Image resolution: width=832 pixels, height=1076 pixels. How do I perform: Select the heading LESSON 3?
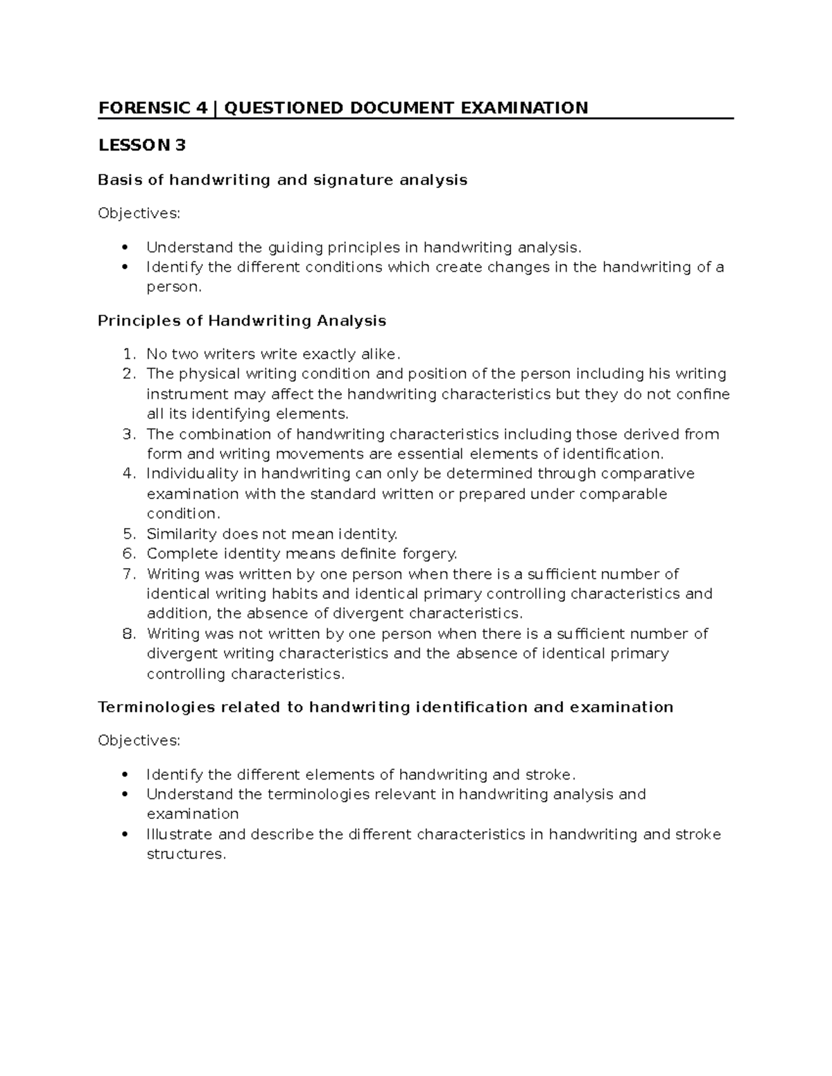point(142,145)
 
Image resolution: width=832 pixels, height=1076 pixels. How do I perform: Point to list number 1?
point(128,355)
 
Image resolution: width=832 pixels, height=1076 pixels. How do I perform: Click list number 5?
point(128,534)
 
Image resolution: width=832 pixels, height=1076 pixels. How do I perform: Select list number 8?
point(128,634)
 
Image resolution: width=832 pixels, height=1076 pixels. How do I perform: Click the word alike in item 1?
point(379,355)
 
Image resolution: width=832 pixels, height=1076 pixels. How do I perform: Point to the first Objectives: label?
point(139,214)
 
